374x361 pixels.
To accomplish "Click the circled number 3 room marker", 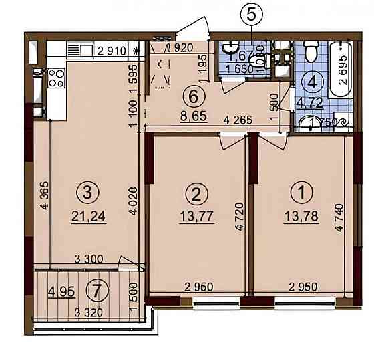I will point(88,193).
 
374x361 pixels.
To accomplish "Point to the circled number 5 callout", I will point(251,13).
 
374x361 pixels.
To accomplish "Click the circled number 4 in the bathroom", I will point(312,82).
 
